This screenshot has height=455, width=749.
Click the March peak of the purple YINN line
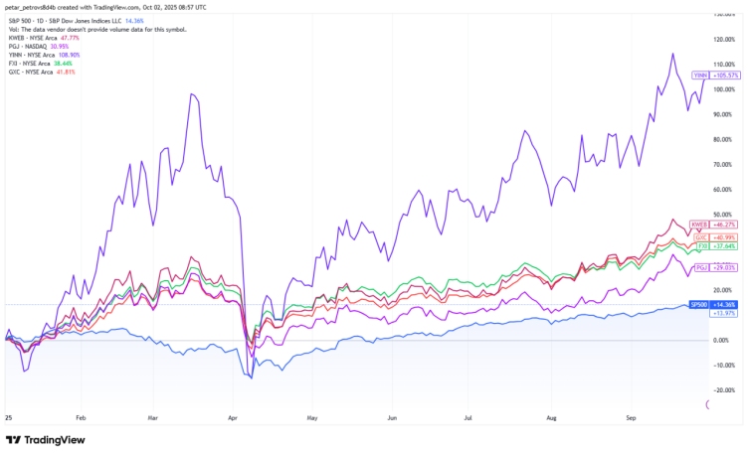click(188, 94)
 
